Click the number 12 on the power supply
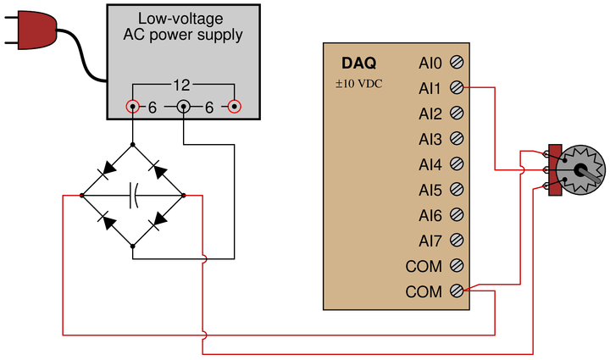coord(181,86)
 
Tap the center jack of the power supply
coord(184,106)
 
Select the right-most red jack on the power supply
coord(234,106)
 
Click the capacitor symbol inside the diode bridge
coord(134,195)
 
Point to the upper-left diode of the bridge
coord(108,169)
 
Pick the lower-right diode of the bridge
coord(158,220)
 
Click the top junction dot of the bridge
coord(133,145)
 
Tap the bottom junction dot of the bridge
coord(133,246)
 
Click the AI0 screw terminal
coord(457,62)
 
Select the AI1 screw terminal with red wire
coord(457,87)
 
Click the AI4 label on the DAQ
coord(430,165)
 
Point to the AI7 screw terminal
coord(457,241)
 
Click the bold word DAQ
coord(358,63)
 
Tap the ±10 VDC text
coord(358,84)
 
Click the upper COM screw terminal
coord(457,265)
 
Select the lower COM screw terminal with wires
coord(457,291)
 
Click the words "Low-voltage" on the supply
coord(180,19)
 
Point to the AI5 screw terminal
coord(457,190)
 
